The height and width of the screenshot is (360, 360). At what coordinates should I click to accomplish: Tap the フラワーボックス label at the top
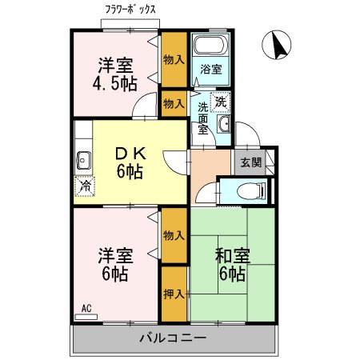130,10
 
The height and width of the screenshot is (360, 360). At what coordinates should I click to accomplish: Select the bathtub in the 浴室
211,46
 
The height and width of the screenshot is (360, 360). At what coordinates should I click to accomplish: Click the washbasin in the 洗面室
225,124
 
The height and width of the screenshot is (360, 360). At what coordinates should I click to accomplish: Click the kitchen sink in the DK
82,158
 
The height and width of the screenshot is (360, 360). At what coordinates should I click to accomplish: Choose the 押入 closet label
174,293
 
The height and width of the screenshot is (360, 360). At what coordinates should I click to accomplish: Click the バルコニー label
173,337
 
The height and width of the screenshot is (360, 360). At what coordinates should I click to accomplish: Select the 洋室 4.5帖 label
115,74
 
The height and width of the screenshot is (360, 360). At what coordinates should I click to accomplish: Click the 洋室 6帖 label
115,265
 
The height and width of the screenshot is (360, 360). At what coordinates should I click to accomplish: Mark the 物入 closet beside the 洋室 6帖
174,234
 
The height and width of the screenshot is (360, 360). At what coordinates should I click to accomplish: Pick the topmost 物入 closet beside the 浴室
174,59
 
